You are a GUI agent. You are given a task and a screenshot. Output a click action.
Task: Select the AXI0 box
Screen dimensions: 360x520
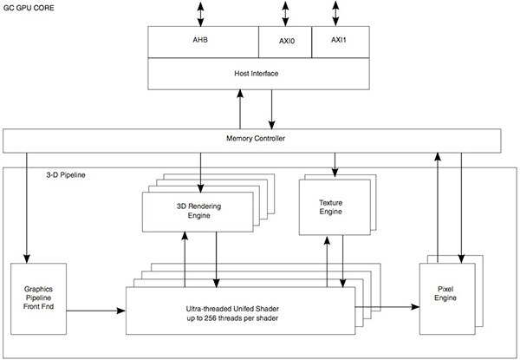284,40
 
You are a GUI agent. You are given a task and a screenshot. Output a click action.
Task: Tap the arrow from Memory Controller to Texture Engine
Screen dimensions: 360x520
335,163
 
